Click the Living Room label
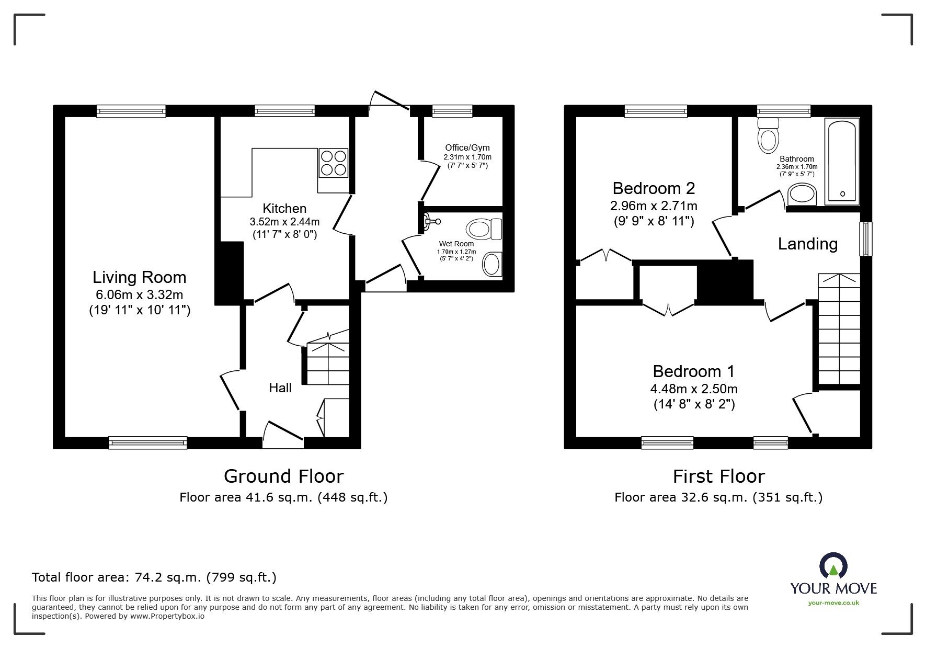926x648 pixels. pyautogui.click(x=140, y=277)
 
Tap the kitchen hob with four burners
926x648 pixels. pyautogui.click(x=333, y=163)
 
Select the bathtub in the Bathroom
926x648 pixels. pyautogui.click(x=842, y=161)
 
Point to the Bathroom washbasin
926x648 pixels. pyautogui.click(x=801, y=194)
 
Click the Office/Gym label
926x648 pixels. pyautogui.click(x=467, y=147)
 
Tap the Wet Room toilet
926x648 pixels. pyautogui.click(x=484, y=229)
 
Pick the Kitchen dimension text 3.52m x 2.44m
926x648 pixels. pyautogui.click(x=284, y=222)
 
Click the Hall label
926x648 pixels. pyautogui.click(x=280, y=388)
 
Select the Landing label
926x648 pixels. pyautogui.click(x=808, y=244)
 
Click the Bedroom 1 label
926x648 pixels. pyautogui.click(x=694, y=371)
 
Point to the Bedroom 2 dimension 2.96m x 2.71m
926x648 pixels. pyautogui.click(x=654, y=206)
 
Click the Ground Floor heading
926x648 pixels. pyautogui.click(x=284, y=476)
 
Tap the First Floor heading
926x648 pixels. pyautogui.click(x=719, y=476)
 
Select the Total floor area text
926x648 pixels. pyautogui.click(x=154, y=577)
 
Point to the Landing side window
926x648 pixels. pyautogui.click(x=866, y=239)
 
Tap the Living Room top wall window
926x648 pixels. pyautogui.click(x=131, y=111)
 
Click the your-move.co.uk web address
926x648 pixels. pyautogui.click(x=833, y=603)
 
